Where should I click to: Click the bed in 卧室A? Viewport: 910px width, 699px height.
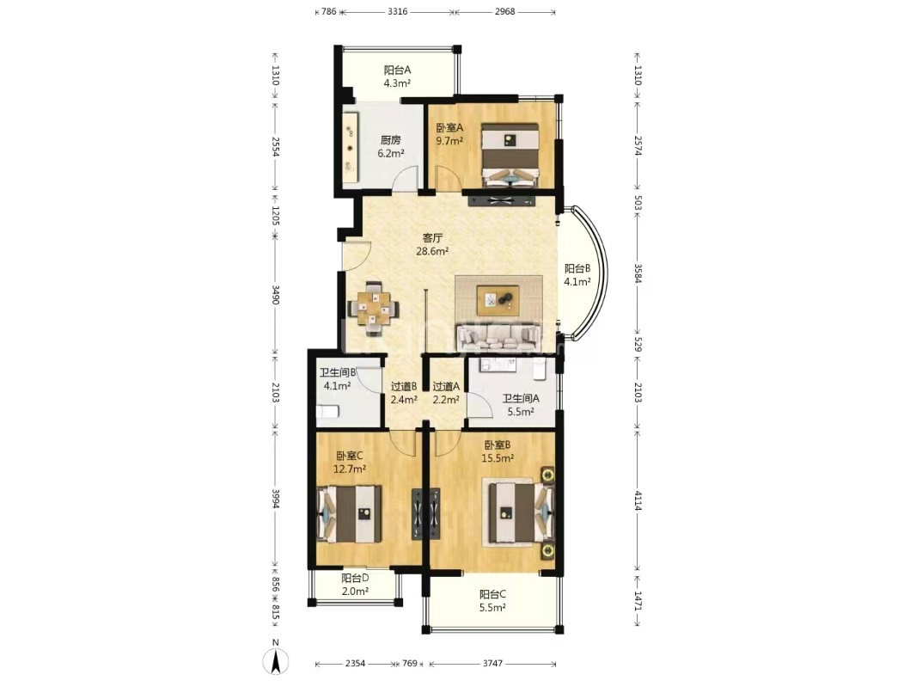pyautogui.click(x=511, y=155)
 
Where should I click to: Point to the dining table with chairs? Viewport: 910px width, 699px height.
pyautogui.click(x=373, y=309)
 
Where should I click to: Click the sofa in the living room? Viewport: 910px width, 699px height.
pyautogui.click(x=500, y=337)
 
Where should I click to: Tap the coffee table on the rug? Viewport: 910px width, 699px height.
pyautogui.click(x=498, y=300)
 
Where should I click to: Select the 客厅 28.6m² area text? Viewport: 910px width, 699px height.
pyautogui.click(x=432, y=244)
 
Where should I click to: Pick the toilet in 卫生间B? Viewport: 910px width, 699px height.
pyautogui.click(x=327, y=412)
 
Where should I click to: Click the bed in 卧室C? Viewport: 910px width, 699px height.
pyautogui.click(x=350, y=514)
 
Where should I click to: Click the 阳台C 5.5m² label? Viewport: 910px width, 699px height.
pyautogui.click(x=492, y=601)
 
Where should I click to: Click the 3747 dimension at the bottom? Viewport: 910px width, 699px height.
pyautogui.click(x=492, y=663)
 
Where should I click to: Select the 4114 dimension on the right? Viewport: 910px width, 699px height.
pyautogui.click(x=638, y=500)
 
